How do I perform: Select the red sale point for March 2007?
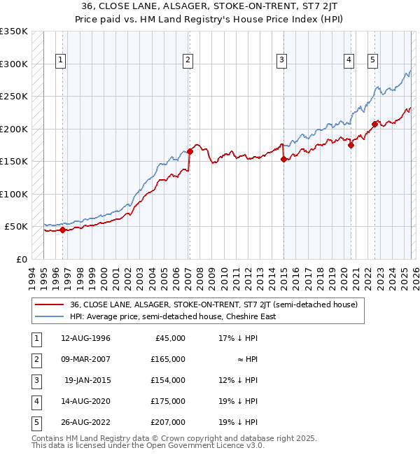tap(190, 151)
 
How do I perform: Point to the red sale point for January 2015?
tap(283, 159)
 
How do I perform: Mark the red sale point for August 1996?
tap(62, 230)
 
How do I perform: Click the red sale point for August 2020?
tap(351, 145)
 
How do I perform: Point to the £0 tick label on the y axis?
tap(21, 259)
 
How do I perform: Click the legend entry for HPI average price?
tap(173, 316)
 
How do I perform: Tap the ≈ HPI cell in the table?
tap(248, 359)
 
